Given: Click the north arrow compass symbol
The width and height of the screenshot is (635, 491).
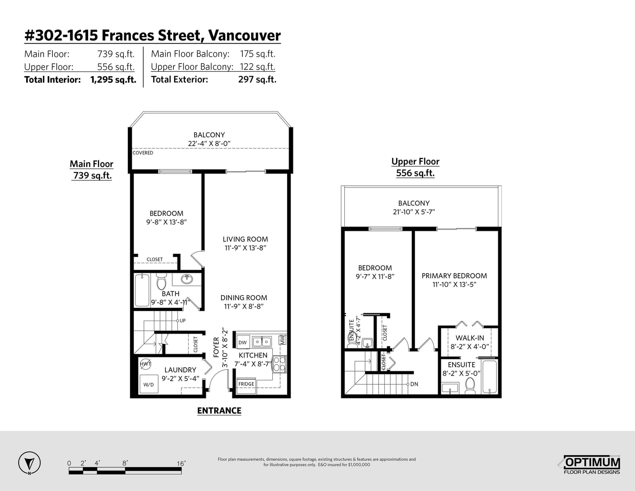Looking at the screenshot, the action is click(x=29, y=463).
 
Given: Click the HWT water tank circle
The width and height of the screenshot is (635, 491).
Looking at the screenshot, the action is click(x=145, y=364).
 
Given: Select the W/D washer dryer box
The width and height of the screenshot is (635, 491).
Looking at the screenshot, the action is click(x=148, y=384).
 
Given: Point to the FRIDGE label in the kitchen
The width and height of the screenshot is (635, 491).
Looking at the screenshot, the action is click(x=246, y=384).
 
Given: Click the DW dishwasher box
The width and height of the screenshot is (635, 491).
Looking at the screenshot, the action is click(x=242, y=342).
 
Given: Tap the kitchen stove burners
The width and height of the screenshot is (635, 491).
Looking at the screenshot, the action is click(x=279, y=364).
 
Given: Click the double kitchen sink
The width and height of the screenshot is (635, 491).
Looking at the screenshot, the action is click(x=262, y=341).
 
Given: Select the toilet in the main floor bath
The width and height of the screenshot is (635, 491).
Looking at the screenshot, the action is click(x=161, y=281).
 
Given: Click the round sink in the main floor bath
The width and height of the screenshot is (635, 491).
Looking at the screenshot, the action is click(x=187, y=279).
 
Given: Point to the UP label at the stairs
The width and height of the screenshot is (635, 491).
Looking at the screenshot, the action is click(x=183, y=321).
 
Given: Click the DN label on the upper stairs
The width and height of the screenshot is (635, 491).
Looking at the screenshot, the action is click(x=414, y=384).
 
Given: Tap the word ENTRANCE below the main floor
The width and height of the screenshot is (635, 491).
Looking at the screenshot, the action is click(x=219, y=411).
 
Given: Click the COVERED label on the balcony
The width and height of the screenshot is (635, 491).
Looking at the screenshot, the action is click(x=142, y=153).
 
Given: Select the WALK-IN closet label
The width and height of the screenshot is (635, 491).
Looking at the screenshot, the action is click(x=470, y=338).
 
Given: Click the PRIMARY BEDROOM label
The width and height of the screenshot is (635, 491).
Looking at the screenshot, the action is click(x=454, y=276).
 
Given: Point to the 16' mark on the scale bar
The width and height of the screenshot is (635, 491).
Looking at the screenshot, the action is click(x=181, y=464).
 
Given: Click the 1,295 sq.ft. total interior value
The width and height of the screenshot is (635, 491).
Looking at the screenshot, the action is click(x=114, y=79).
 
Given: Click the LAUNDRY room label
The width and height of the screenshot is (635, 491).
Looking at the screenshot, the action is click(x=180, y=370).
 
